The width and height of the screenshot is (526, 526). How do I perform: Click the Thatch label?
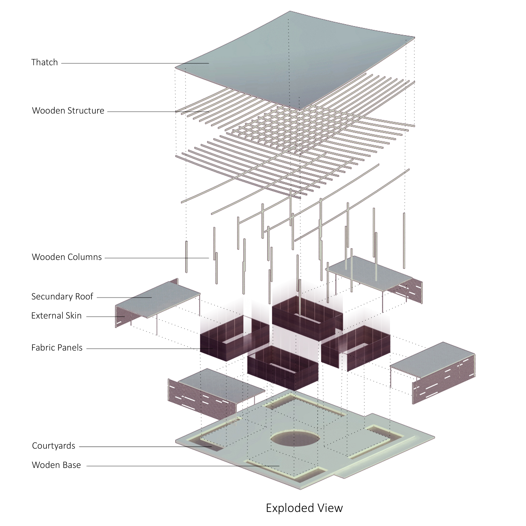click(x=44, y=62)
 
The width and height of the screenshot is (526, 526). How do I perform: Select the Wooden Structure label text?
click(x=68, y=111)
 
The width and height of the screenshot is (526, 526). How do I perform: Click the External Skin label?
click(x=56, y=316)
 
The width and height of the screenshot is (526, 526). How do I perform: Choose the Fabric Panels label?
click(x=57, y=348)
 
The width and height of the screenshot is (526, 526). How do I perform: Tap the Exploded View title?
click(x=304, y=508)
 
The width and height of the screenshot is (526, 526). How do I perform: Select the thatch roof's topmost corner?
click(x=290, y=11)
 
